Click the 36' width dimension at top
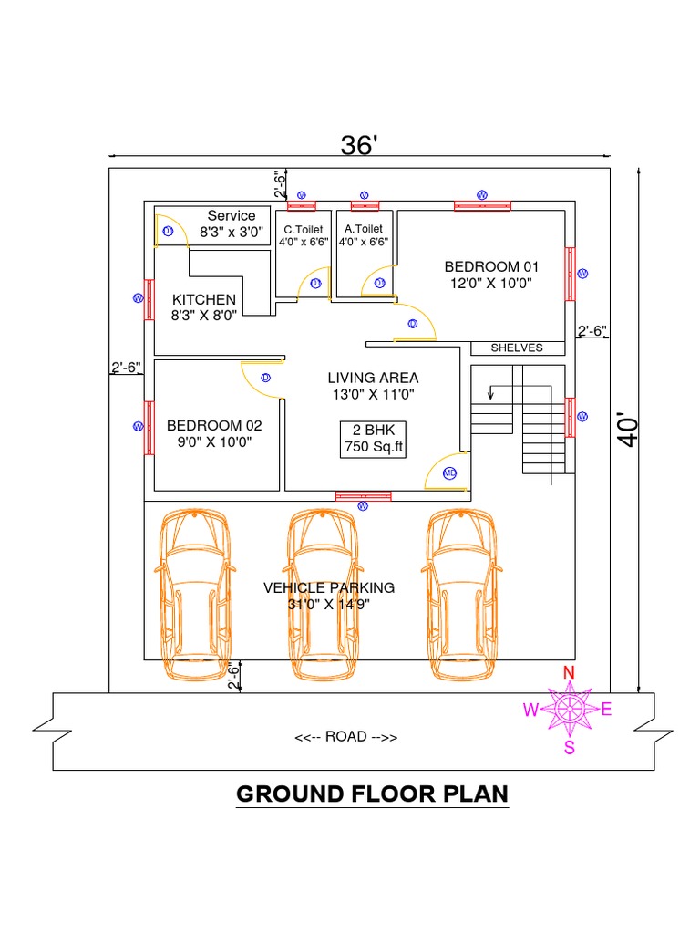point(358,145)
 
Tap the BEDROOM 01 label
point(491,275)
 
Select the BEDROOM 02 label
point(214,433)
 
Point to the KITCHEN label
point(204,307)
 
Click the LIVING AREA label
point(373,386)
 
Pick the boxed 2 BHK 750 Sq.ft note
point(373,439)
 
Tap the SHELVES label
point(517,348)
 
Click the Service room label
point(232,223)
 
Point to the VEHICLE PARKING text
point(329,596)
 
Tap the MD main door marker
point(449,472)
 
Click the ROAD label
point(345,737)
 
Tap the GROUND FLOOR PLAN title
point(372,794)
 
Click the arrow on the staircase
point(492,392)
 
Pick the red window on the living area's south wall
point(364,496)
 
